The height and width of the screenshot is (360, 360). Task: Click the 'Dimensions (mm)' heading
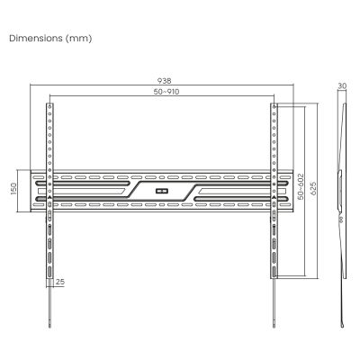pos(49,40)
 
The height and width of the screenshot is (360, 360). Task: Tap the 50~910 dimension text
pos(163,92)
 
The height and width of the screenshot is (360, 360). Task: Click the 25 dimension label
pos(59,282)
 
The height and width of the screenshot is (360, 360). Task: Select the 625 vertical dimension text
pos(311,190)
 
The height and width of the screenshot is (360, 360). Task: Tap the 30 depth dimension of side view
pos(342,86)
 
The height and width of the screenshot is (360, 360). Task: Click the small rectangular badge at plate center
pos(162,190)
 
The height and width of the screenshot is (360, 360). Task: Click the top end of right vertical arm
pos(274,106)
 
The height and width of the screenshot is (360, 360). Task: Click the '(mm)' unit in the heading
pos(80,40)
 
